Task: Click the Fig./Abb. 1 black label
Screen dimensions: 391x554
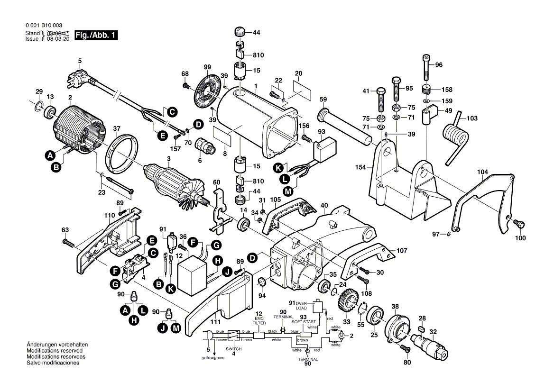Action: [95, 36]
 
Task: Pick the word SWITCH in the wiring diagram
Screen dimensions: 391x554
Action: [233, 349]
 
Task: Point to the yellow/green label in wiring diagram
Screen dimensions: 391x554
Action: [213, 357]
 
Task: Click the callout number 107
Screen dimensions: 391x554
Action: [402, 250]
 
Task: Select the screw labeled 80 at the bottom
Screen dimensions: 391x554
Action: [405, 349]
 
